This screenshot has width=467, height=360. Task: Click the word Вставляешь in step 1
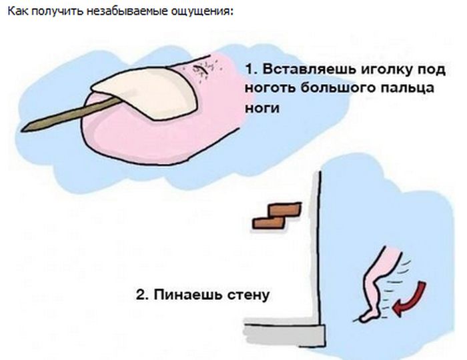[309, 69]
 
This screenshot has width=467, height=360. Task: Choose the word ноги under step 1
[262, 107]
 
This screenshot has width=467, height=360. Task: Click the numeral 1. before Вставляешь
[251, 69]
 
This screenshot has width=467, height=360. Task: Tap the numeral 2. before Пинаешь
[142, 295]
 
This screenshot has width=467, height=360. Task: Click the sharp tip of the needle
[22, 130]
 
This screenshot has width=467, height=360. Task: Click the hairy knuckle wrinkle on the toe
[203, 71]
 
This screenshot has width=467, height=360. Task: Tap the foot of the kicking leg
[369, 316]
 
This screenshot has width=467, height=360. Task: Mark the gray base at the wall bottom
[285, 335]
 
